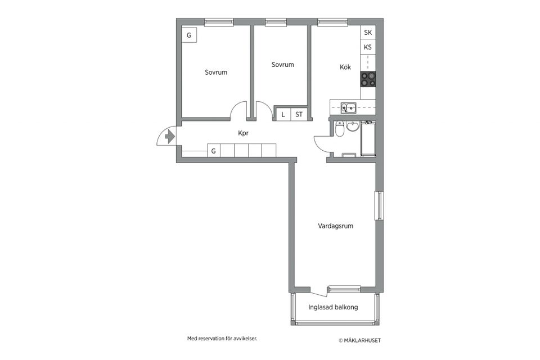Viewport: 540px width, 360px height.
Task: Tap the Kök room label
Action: (345, 67)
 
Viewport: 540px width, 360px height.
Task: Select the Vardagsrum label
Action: (335, 226)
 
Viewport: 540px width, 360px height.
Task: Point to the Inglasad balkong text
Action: (333, 308)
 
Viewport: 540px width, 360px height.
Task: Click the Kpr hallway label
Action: (243, 133)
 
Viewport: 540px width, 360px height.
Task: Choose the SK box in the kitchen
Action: (368, 33)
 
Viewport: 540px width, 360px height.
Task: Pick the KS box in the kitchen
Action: (368, 47)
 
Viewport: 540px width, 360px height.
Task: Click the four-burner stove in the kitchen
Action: (368, 79)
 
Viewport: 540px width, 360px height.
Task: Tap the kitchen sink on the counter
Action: (348, 106)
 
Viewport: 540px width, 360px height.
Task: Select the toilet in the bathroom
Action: (339, 130)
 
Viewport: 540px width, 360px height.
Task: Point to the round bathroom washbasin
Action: (353, 127)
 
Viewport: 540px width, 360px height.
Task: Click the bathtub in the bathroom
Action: (368, 138)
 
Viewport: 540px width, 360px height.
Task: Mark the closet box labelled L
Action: (283, 114)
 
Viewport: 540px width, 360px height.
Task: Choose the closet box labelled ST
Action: (299, 114)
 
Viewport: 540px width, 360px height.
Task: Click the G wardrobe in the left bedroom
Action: (189, 35)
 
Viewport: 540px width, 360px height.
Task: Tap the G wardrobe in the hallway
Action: (213, 151)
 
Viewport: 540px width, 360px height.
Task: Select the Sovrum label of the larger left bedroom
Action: (216, 73)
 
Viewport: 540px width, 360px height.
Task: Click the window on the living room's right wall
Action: (379, 206)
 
